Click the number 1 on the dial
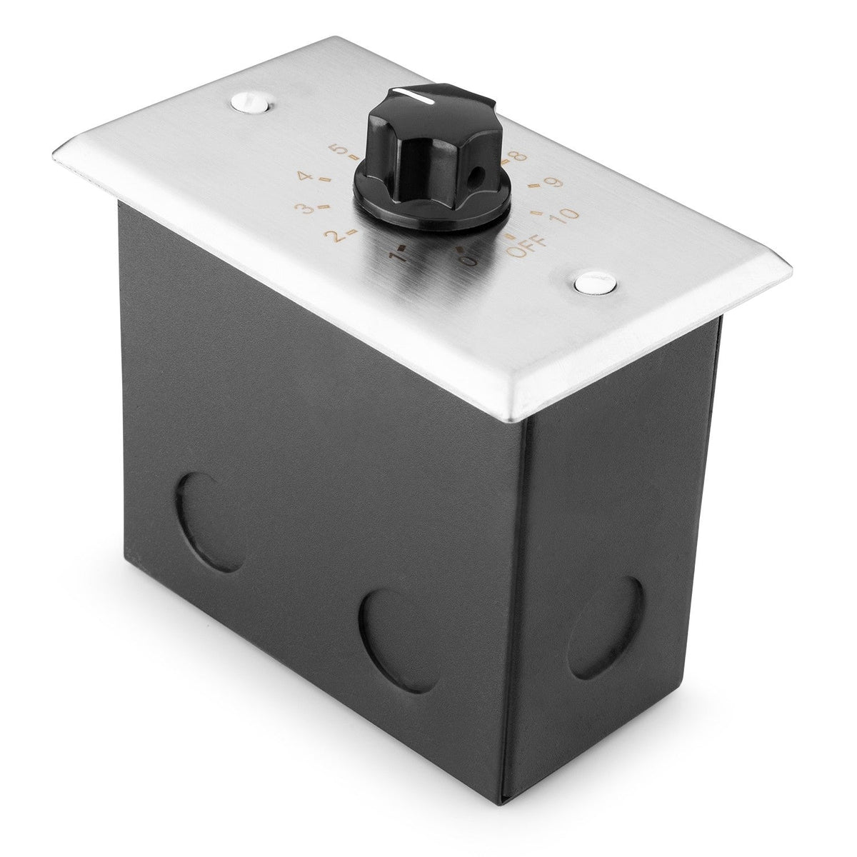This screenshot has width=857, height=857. [x=393, y=254]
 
